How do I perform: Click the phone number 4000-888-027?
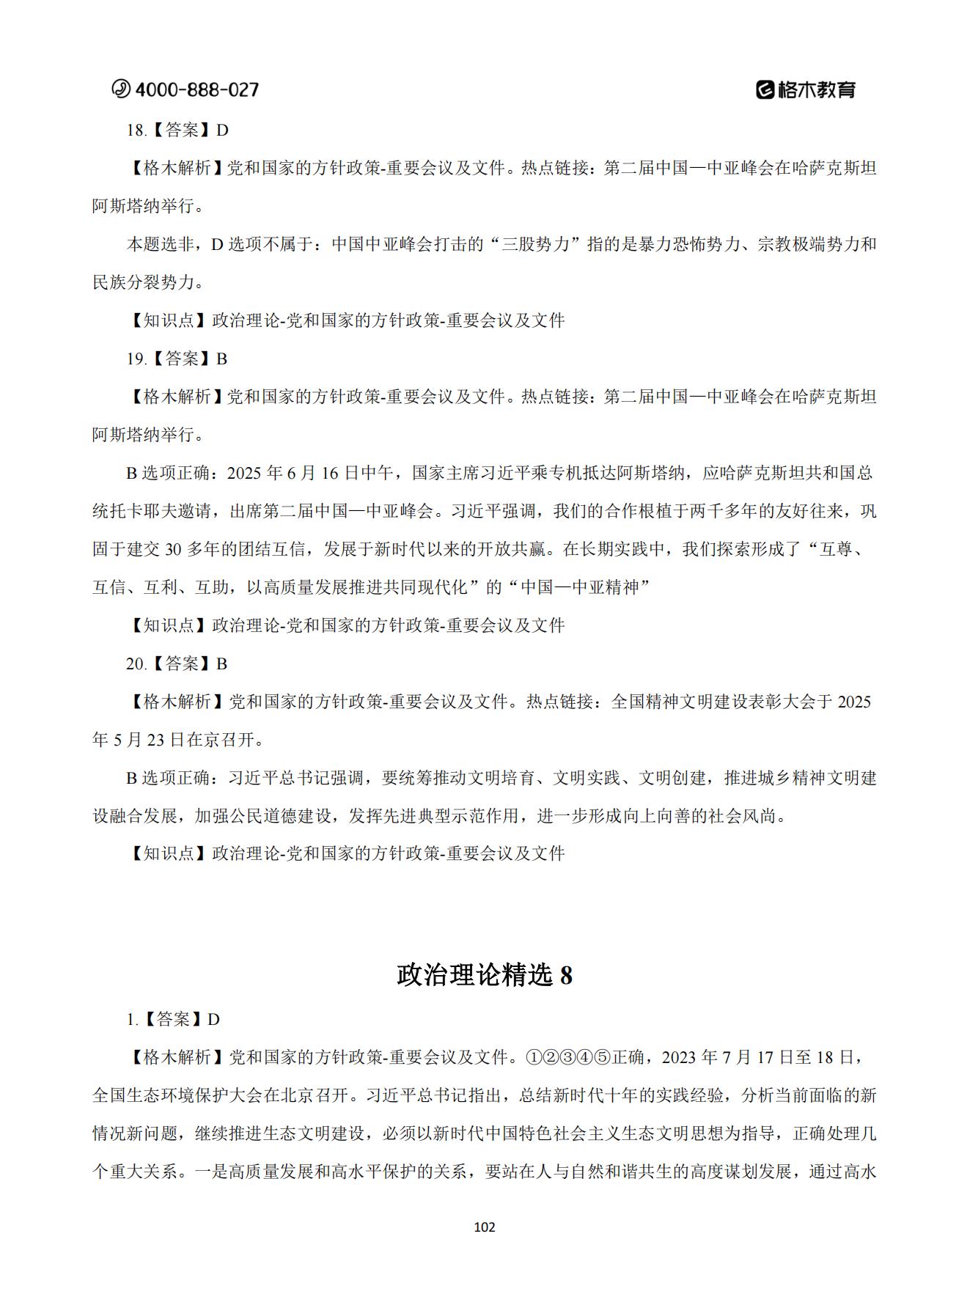(x=196, y=89)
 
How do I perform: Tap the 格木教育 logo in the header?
(x=806, y=89)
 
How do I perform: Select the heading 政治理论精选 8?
(x=485, y=975)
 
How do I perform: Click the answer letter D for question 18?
(x=222, y=131)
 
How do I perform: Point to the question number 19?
(x=136, y=359)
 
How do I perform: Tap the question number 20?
(x=136, y=664)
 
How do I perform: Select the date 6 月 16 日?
(x=321, y=474)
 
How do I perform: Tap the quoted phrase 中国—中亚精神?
(x=585, y=588)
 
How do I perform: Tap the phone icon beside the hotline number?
(x=120, y=89)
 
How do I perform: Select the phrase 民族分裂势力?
(x=144, y=283)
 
